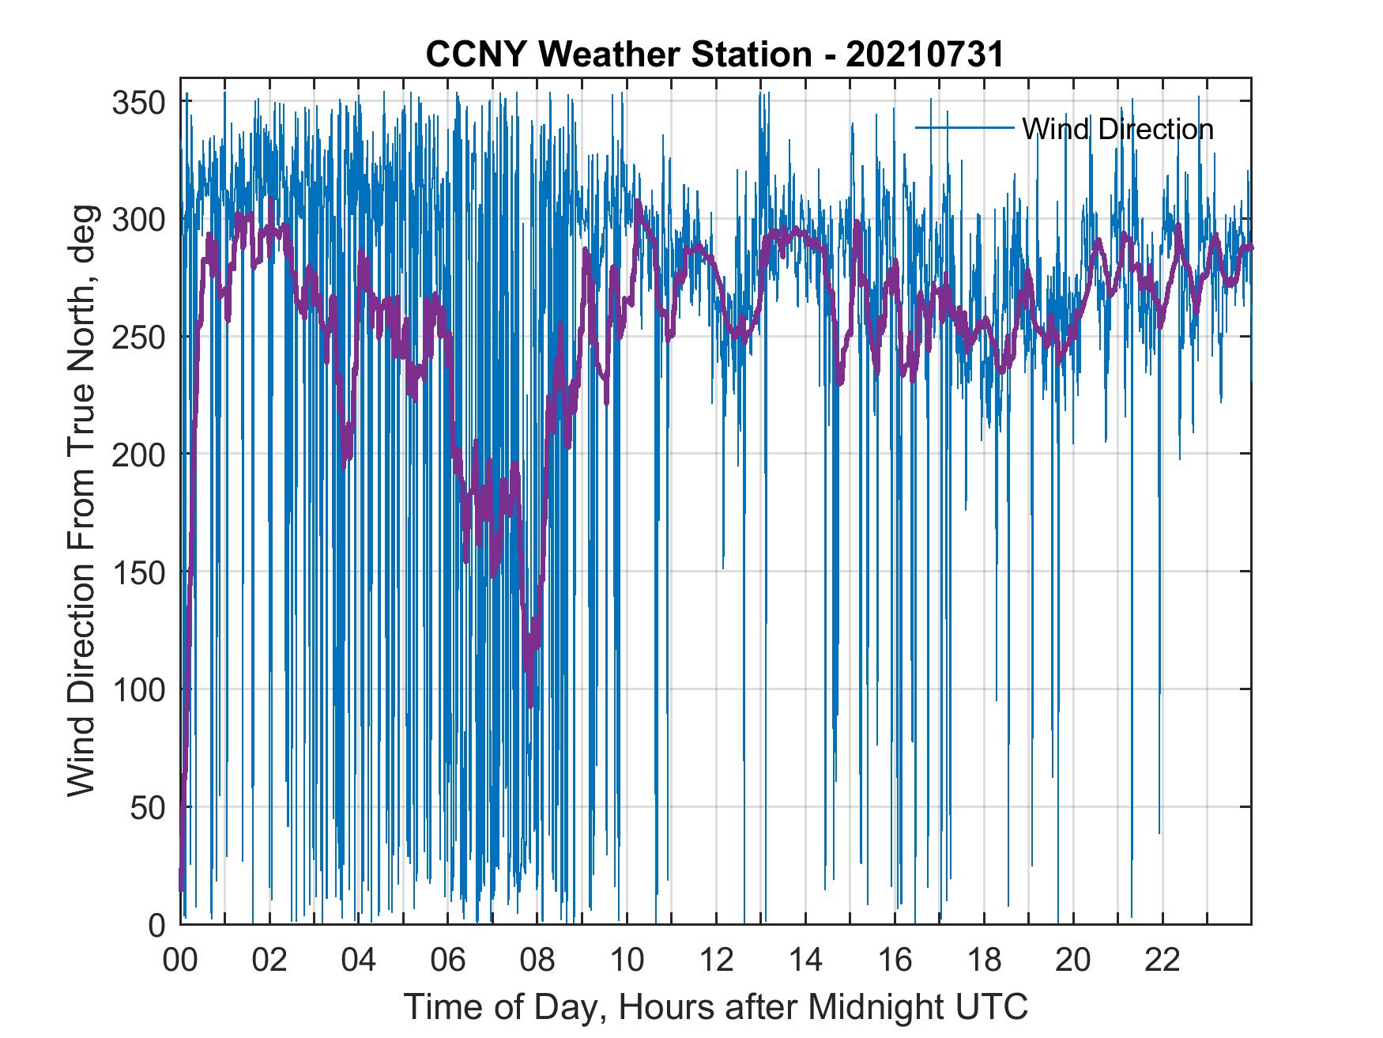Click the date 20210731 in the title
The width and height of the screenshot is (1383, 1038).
[925, 55]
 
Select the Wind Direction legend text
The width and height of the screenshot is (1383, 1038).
[1117, 129]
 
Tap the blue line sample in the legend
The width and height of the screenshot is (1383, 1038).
[964, 127]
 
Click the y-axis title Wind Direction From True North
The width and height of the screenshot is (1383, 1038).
[81, 500]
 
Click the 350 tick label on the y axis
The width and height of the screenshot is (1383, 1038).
[139, 103]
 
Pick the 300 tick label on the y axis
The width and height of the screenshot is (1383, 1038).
[139, 220]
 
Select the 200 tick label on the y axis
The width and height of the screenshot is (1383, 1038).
[139, 455]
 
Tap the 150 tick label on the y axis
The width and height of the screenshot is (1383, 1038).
[139, 572]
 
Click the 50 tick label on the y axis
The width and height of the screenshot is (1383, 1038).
[148, 807]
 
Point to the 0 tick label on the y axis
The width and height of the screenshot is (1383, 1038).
[157, 924]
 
